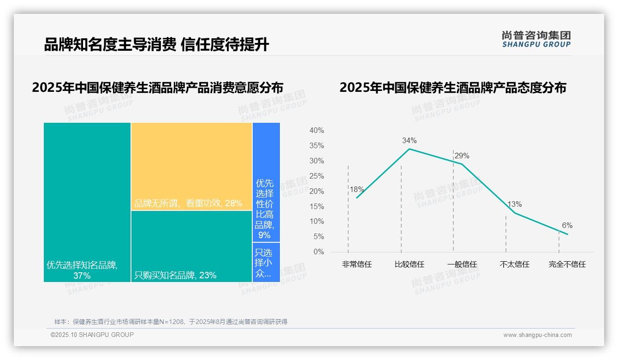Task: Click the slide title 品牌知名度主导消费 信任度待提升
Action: tap(156, 45)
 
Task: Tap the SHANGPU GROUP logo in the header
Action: tap(536, 39)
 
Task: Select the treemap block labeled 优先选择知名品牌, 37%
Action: tap(87, 202)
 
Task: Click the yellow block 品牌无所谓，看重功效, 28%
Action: tap(191, 166)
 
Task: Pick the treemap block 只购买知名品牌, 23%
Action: tap(191, 246)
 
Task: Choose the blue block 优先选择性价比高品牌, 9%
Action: tap(266, 182)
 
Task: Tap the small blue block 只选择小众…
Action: tap(266, 262)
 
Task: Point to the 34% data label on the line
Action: tap(409, 140)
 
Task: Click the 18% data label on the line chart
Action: tap(357, 189)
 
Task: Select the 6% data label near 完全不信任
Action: tap(567, 225)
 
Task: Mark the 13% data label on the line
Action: tap(514, 204)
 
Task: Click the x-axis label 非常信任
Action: tap(357, 264)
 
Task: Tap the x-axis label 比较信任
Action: tap(409, 264)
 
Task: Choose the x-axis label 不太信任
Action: tap(514, 264)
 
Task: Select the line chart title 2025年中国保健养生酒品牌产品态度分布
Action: tap(452, 88)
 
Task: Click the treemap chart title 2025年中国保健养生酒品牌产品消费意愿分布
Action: tap(157, 88)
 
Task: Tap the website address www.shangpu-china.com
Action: tap(537, 335)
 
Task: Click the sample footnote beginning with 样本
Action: tap(171, 322)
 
